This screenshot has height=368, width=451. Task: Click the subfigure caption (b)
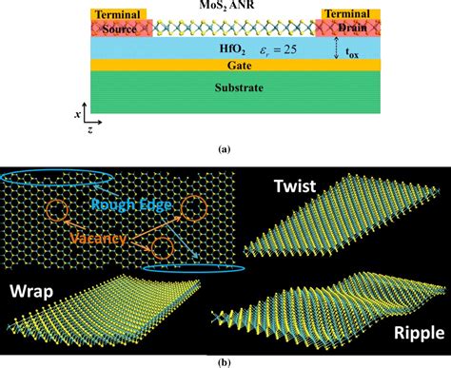[225, 360]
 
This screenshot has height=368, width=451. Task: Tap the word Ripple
[412, 333]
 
